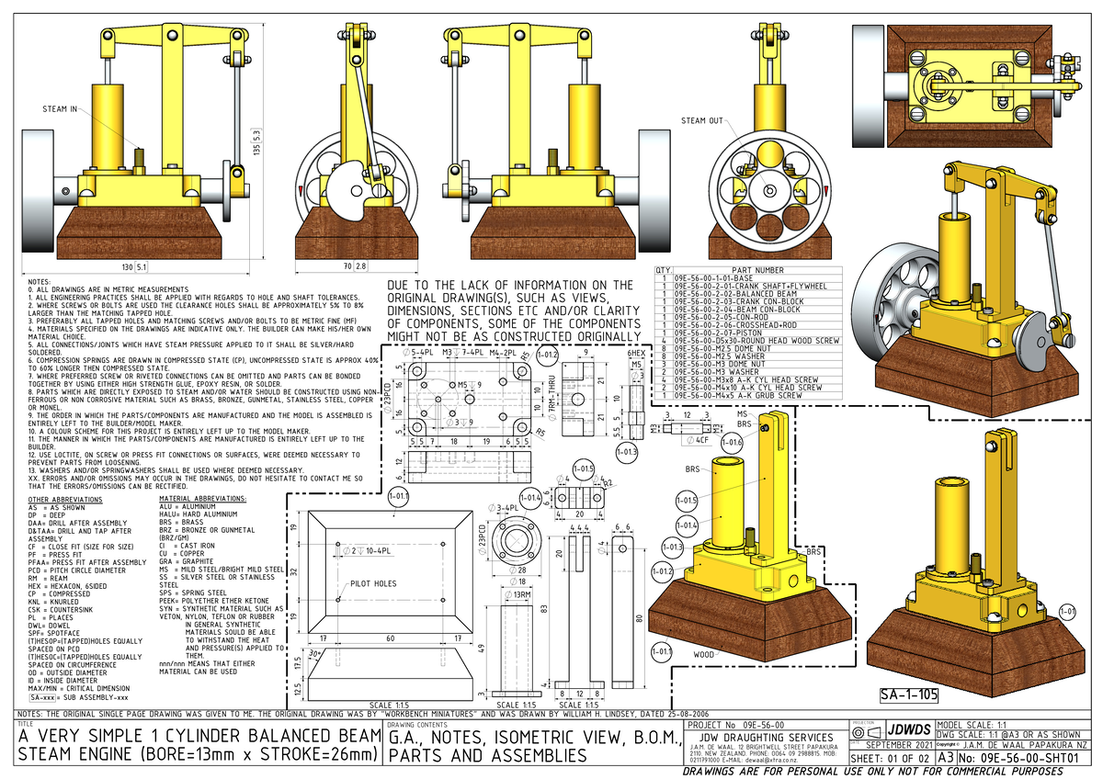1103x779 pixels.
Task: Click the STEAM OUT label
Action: click(700, 120)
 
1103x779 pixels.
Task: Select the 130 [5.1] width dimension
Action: click(134, 267)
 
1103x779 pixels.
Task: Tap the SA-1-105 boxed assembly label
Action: click(908, 694)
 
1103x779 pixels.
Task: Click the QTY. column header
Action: click(663, 270)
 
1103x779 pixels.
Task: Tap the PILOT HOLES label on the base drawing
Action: click(372, 583)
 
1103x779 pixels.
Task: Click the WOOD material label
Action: click(703, 654)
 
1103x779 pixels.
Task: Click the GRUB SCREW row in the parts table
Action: click(745, 396)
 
